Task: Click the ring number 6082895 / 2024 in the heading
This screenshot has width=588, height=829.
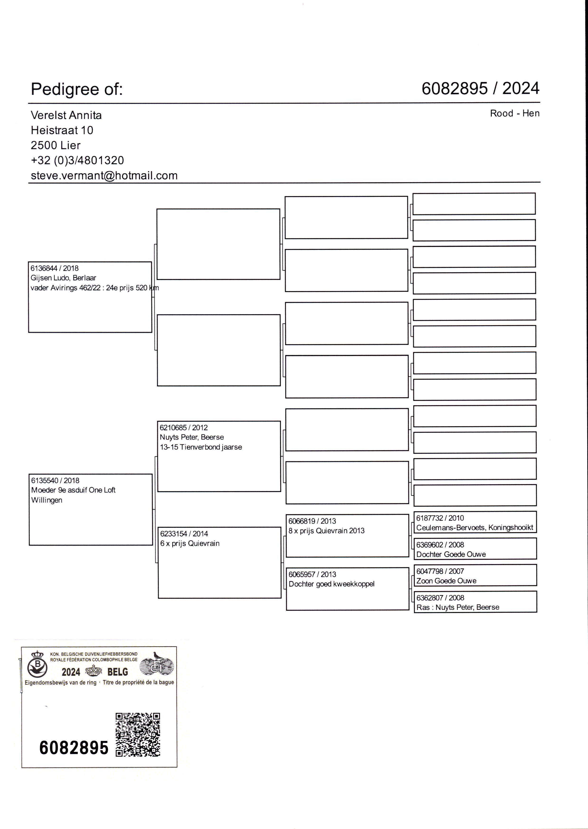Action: coord(480,88)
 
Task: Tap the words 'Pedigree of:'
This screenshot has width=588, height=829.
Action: coord(77,89)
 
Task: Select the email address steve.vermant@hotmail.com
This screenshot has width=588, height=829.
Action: coord(104,176)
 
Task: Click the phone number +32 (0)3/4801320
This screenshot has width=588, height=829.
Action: coord(77,160)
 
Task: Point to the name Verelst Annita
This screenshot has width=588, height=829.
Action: coord(66,115)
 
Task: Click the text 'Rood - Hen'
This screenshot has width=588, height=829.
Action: coord(514,113)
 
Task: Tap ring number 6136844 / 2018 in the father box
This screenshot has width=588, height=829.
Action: coord(54,268)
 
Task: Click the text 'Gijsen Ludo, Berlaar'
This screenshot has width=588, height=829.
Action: coord(63,278)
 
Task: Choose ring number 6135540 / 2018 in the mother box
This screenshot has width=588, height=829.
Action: coord(55,481)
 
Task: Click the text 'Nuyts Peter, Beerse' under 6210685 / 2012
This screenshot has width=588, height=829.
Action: coord(192,437)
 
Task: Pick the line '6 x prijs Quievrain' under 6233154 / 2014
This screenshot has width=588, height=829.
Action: coord(190,543)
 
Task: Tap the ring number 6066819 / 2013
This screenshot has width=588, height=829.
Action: coord(312,521)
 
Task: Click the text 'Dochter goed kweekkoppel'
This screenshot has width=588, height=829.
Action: coord(331,584)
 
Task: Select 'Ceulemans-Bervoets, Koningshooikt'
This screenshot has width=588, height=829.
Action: coord(474,527)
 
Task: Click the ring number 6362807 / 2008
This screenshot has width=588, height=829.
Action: coord(440,598)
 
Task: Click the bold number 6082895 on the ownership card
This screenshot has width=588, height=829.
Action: coord(74,748)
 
